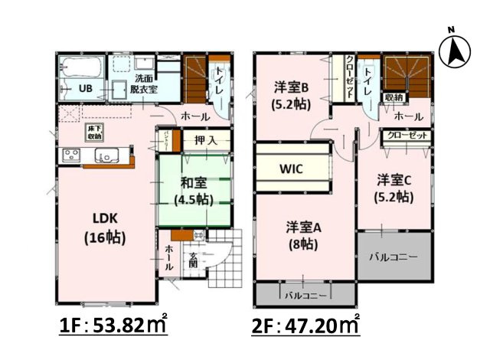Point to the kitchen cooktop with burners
(71, 155)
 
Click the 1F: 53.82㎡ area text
(113, 325)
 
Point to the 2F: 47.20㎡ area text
(305, 325)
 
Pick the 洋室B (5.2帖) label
(292, 93)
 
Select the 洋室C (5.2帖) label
(394, 188)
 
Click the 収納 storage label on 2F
(394, 97)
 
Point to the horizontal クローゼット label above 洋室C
(406, 135)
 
